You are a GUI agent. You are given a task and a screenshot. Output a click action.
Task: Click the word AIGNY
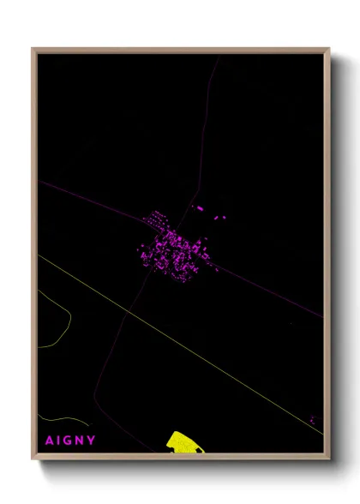(70, 441)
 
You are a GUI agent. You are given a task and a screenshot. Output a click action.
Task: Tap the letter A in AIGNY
(49, 441)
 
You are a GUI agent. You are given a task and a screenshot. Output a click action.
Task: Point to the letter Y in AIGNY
(92, 441)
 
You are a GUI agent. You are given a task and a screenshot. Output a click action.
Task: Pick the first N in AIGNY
(81, 441)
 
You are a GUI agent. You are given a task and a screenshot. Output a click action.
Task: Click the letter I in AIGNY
(58, 441)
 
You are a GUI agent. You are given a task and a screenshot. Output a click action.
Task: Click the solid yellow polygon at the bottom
(182, 442)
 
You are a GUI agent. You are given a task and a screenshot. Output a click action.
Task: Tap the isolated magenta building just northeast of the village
(200, 208)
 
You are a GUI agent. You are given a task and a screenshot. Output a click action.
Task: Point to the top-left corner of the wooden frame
(33, 49)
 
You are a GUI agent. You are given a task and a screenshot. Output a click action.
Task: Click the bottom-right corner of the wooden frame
(328, 459)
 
